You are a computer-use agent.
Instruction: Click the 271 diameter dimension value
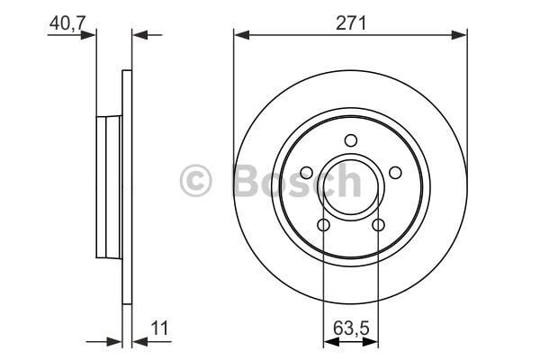[x=350, y=24]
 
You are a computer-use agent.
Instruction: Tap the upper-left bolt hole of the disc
[x=307, y=172]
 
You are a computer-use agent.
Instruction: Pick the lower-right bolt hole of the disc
[x=378, y=224]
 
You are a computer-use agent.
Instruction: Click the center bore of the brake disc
[x=351, y=185]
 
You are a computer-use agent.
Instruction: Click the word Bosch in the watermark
[x=297, y=181]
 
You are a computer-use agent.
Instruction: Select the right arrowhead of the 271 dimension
[x=461, y=35]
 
